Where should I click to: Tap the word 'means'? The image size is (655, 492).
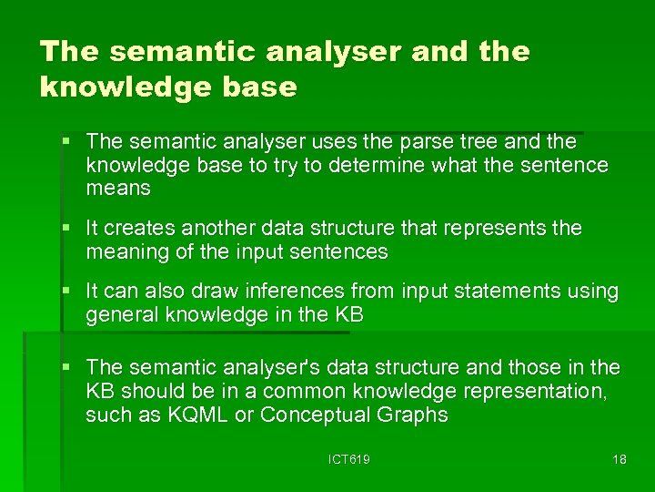pyautogui.click(x=118, y=189)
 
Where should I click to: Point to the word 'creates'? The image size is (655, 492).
pyautogui.click(x=139, y=228)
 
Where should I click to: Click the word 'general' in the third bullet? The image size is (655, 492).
pyautogui.click(x=119, y=315)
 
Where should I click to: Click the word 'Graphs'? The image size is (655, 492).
pyautogui.click(x=413, y=415)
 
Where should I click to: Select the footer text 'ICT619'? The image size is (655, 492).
pyautogui.click(x=348, y=460)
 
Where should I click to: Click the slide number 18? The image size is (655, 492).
pyautogui.click(x=619, y=460)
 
